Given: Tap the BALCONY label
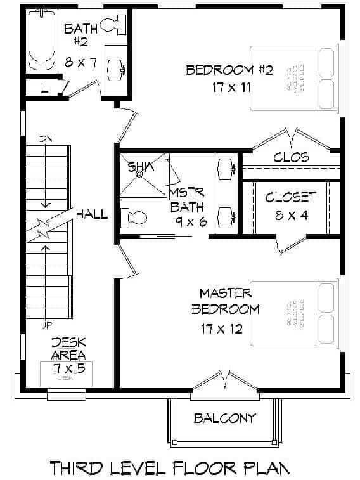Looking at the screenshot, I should (225, 418).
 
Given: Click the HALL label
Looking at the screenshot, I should (92, 214).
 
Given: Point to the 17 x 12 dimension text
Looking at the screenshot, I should (221, 330).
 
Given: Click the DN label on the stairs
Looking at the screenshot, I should (46, 139).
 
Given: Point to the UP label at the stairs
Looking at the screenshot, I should (46, 327).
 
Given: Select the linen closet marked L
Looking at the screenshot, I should (44, 88).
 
